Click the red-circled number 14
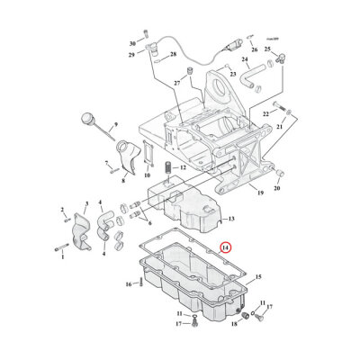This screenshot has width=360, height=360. click(x=226, y=246)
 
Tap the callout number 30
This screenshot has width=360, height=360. click(x=132, y=43)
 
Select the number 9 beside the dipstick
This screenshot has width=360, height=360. click(x=115, y=126)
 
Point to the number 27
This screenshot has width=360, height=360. click(x=177, y=83)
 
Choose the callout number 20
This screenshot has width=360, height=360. click(x=276, y=189)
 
